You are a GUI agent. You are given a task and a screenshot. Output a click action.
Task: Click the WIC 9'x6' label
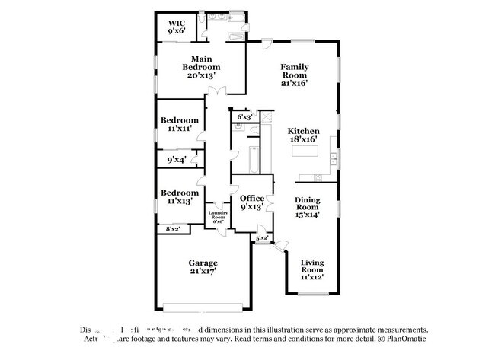point(176,28)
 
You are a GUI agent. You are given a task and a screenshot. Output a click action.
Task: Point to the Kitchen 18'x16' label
point(303,135)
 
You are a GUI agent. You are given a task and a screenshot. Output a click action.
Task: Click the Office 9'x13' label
point(252,203)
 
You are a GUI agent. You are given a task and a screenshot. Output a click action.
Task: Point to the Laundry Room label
point(219,217)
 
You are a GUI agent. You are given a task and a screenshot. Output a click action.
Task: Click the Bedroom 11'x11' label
point(180,124)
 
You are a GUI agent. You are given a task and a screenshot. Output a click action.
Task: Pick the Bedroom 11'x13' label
point(180,196)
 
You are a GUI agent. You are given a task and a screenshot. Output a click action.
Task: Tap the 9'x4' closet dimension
point(176,160)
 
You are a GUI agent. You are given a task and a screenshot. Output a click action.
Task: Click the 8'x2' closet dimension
point(172,228)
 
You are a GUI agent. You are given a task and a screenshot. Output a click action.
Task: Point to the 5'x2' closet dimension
point(262,238)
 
